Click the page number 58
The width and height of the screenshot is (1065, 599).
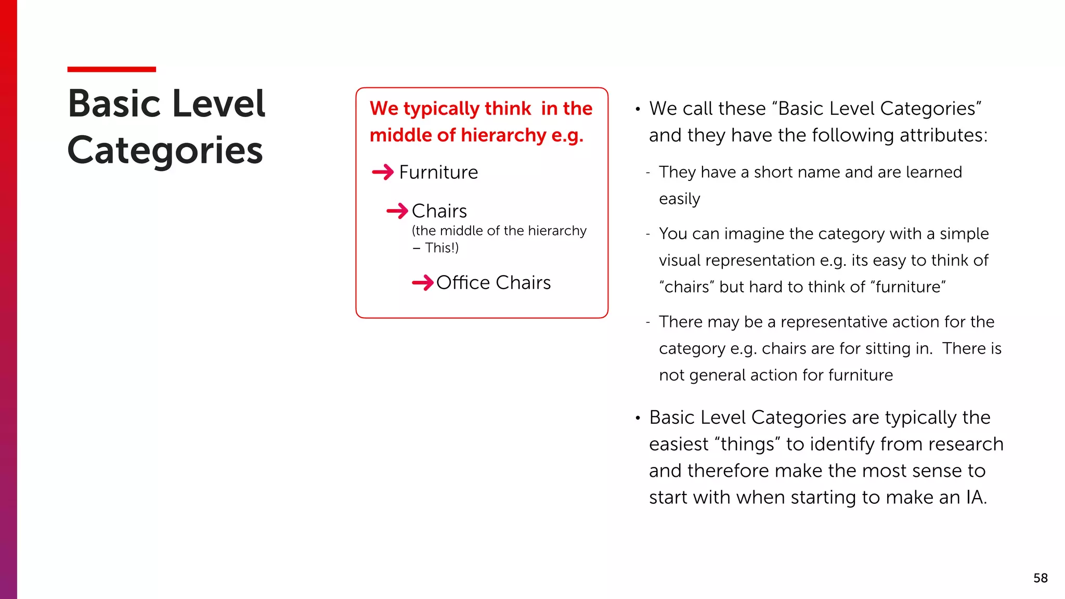pyautogui.click(x=1040, y=578)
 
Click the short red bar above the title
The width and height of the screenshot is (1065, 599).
pyautogui.click(x=111, y=69)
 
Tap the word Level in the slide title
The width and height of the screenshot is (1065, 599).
pyautogui.click(x=218, y=104)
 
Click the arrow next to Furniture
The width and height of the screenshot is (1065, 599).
pyautogui.click(x=383, y=172)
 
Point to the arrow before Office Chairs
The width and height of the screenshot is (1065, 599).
pyautogui.click(x=422, y=283)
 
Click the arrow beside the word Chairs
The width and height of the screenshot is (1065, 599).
pyautogui.click(x=397, y=211)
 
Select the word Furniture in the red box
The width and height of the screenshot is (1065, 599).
pyautogui.click(x=438, y=173)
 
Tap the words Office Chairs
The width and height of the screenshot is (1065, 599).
pyautogui.click(x=493, y=283)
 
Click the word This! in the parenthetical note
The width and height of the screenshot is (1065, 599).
pyautogui.click(x=441, y=248)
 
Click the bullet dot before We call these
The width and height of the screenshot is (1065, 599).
pyautogui.click(x=638, y=109)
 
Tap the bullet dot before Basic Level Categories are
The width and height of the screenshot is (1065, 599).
pyautogui.click(x=638, y=418)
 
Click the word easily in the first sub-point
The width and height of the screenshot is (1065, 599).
pyautogui.click(x=679, y=199)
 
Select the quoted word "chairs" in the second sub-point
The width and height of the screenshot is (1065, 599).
pyautogui.click(x=686, y=287)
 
